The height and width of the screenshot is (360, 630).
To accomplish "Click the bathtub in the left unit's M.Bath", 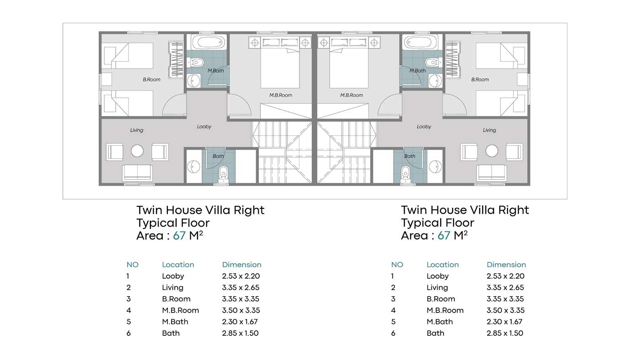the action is [x=208, y=42].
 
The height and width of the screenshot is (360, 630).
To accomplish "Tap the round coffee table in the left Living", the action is [x=137, y=151].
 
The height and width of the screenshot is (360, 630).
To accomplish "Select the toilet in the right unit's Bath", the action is [x=405, y=172].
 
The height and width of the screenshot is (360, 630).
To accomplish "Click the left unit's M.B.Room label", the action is [x=281, y=95].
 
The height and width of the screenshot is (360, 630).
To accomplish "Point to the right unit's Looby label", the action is [x=424, y=127].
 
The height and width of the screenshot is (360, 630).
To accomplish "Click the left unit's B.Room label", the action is [x=152, y=79].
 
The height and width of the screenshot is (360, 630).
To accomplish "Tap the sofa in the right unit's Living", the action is [x=491, y=172].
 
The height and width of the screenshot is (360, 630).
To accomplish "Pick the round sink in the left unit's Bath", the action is [x=193, y=166].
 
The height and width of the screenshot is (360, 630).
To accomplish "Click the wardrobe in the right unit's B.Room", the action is [x=453, y=59].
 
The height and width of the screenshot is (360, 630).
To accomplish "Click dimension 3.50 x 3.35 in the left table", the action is [x=241, y=310].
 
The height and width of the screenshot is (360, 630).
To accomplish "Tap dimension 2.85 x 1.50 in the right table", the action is [x=505, y=333].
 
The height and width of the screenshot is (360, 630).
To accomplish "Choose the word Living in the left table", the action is [x=172, y=287].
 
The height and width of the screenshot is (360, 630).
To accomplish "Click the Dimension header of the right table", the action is [x=506, y=265].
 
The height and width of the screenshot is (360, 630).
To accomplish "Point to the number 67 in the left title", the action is [x=179, y=235].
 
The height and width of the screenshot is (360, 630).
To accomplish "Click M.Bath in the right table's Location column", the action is [x=440, y=322].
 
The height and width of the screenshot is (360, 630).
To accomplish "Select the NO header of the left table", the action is [x=133, y=265].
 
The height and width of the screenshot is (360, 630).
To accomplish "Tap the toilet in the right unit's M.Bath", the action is [x=432, y=62].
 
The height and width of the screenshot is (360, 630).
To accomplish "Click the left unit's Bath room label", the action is [x=218, y=156].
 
